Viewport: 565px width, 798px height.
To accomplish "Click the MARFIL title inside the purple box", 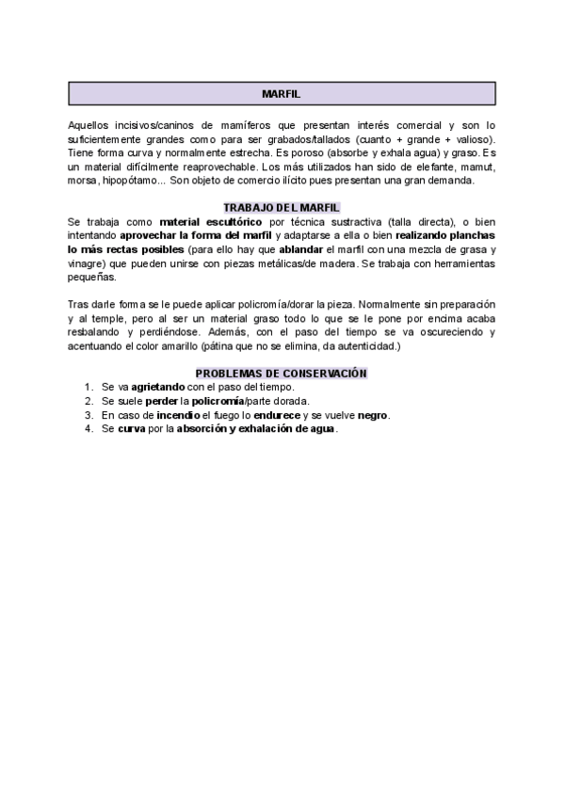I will [x=281, y=94].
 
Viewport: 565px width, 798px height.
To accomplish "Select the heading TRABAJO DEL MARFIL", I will [x=281, y=207].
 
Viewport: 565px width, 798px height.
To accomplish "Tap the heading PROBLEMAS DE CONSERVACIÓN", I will [x=281, y=374].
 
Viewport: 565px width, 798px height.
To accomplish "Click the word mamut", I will [x=478, y=167].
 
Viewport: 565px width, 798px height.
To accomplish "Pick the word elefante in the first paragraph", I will [x=427, y=167].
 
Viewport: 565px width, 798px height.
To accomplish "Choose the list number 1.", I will [x=87, y=387].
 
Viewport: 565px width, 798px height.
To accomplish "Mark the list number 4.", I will [x=87, y=429].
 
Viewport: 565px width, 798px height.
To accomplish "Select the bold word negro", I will [x=372, y=415].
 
